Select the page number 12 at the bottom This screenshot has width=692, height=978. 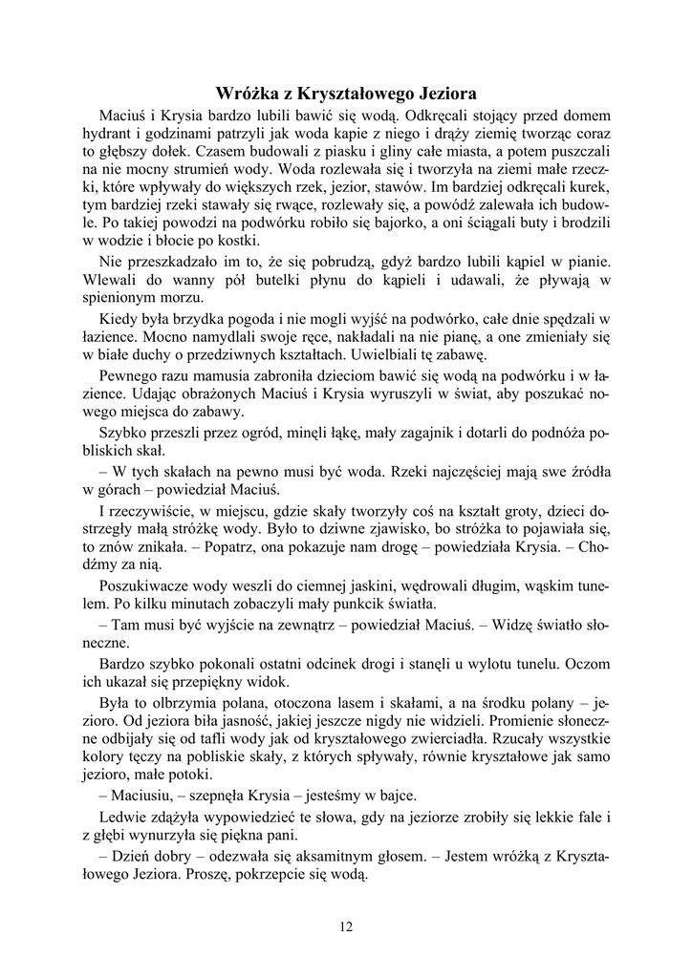346,925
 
